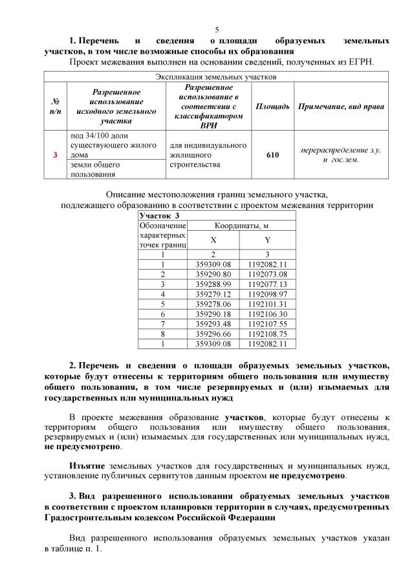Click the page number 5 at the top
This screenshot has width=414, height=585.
click(x=217, y=29)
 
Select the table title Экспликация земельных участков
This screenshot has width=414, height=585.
click(x=217, y=76)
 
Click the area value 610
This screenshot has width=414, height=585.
click(x=272, y=155)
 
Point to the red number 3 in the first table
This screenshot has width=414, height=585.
click(x=55, y=155)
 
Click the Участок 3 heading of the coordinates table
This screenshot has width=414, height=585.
click(x=158, y=215)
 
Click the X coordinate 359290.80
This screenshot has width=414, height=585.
click(x=213, y=274)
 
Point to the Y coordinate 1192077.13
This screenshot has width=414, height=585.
click(x=267, y=284)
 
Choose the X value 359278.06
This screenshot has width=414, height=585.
click(x=213, y=303)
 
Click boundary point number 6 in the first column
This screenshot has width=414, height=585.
click(x=163, y=313)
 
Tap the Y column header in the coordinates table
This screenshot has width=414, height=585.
click(x=267, y=239)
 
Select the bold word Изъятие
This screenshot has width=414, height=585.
click(x=88, y=466)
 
